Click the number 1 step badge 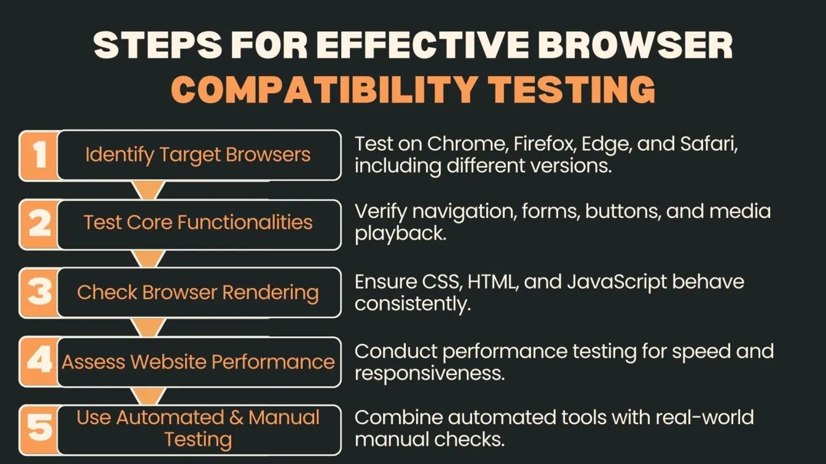coord(39,155)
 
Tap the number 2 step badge coord(39,224)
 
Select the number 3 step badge coord(39,292)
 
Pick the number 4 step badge coord(39,361)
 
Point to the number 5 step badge coord(39,429)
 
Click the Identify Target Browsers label coord(198,155)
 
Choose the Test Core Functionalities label coord(198,223)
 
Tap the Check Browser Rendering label coord(198,293)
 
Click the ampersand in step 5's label coord(236,418)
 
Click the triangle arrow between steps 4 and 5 coord(148,396)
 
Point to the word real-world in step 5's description coord(705,418)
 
